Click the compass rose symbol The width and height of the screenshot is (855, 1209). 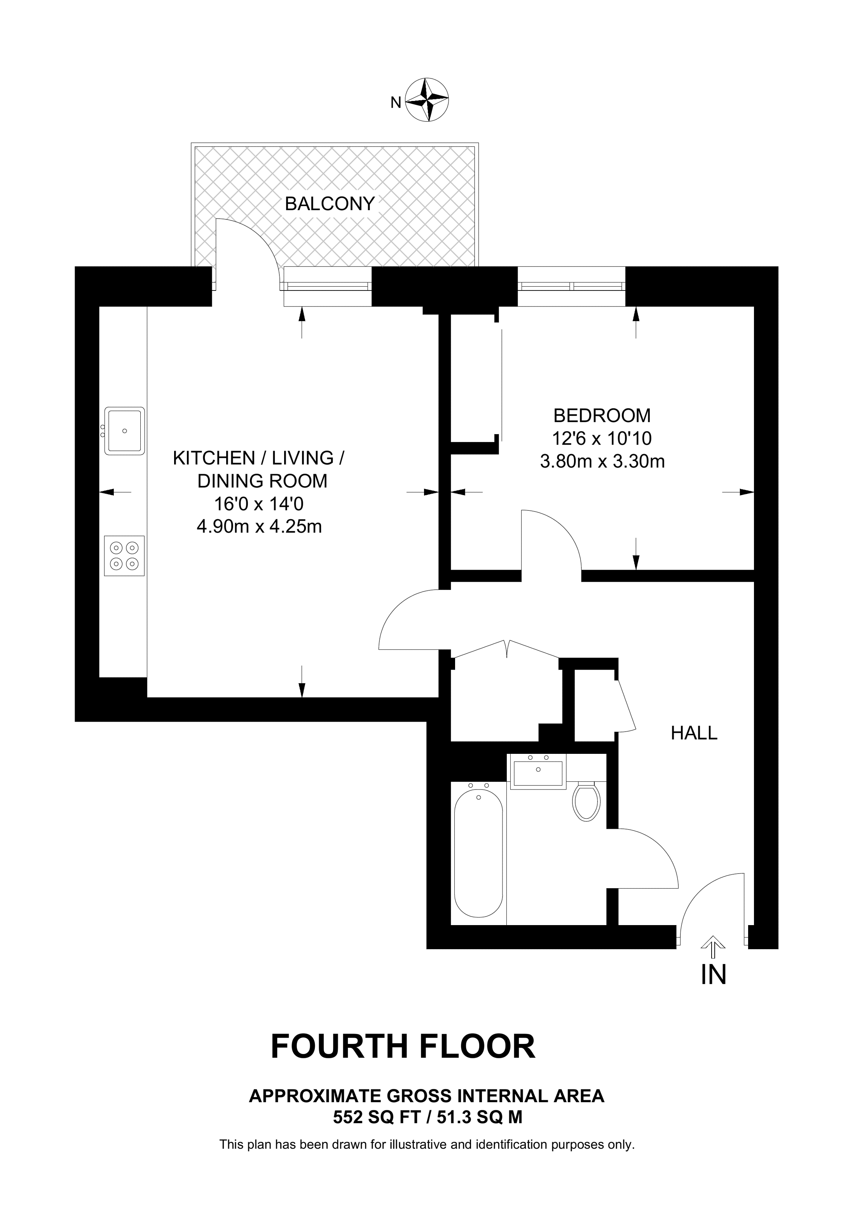[427, 99]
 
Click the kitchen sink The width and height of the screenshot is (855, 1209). [124, 431]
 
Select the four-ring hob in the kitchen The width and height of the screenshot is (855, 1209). [124, 556]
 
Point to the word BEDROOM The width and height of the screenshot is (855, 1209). [602, 416]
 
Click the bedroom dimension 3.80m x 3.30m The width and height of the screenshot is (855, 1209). [602, 462]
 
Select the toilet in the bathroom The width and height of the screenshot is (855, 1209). [587, 802]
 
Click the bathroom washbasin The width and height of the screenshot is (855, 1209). [538, 771]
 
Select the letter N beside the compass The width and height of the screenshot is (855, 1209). [396, 103]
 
